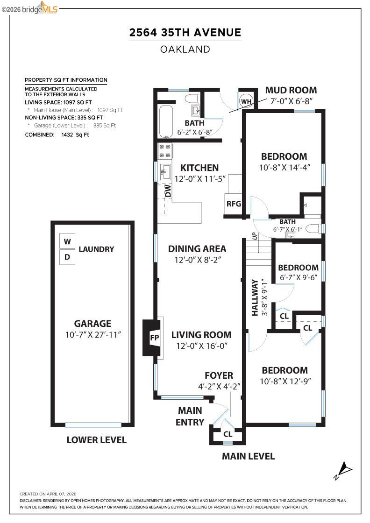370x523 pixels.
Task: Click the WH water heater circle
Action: coord(246,101)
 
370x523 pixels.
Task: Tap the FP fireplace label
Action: coord(154,337)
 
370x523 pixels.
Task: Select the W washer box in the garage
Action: coord(67,241)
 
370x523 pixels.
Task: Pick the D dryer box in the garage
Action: coord(67,256)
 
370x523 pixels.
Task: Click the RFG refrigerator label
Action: coord(234,204)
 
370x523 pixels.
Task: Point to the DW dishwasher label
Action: coord(167,191)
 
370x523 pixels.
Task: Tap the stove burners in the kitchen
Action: coord(165,150)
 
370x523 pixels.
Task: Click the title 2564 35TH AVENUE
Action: coord(185,32)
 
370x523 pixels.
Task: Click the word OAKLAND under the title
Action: coord(185,49)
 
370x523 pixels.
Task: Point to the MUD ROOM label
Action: coord(291,90)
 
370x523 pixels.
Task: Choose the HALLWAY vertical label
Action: coord(255,297)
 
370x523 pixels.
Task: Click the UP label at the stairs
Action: coord(255,235)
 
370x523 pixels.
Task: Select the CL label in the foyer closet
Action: coord(228,434)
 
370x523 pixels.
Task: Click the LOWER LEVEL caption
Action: coord(96,439)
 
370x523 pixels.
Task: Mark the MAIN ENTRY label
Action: coord(190,416)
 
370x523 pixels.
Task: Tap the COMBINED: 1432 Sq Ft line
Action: coord(57,134)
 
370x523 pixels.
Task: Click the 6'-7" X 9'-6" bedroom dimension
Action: coord(298,277)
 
